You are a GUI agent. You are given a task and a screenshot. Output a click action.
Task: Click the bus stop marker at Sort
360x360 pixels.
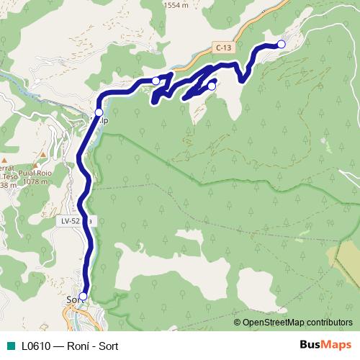(x=83, y=296)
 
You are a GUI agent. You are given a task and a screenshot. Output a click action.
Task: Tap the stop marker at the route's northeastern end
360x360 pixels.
(x=282, y=45)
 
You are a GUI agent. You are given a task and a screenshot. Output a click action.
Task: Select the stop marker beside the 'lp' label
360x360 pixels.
(x=99, y=112)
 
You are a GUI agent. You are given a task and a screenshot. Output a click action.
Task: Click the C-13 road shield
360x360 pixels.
(x=224, y=48)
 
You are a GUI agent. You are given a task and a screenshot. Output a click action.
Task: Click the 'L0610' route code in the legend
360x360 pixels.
(x=36, y=346)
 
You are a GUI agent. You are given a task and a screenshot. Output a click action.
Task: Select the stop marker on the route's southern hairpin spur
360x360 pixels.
(x=212, y=86)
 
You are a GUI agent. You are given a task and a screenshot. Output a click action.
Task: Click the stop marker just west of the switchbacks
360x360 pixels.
(x=156, y=81)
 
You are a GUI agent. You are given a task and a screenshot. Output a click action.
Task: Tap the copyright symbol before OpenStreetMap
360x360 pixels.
(x=238, y=323)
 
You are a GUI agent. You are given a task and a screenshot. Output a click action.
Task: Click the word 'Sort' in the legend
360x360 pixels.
(x=108, y=346)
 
